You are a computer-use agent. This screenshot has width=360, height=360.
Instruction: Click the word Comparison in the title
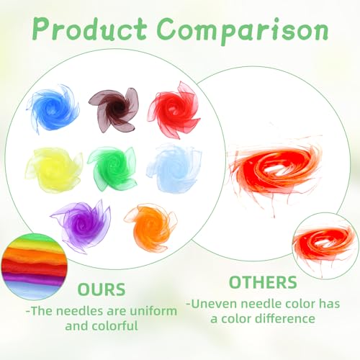click(x=243, y=31)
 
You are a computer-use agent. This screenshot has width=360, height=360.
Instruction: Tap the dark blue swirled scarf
click(x=53, y=109)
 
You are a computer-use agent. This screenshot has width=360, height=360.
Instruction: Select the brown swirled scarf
click(x=114, y=110)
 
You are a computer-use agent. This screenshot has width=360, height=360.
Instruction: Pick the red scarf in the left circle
click(x=174, y=110)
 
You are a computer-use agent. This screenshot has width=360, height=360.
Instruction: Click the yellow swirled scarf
click(x=54, y=169)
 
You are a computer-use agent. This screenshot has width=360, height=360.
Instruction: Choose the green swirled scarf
click(x=112, y=167)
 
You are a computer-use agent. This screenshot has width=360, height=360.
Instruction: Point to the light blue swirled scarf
click(x=174, y=168)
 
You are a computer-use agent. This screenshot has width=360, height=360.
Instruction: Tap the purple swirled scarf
click(x=81, y=225)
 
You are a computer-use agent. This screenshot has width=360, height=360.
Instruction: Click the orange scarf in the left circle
click(x=151, y=228)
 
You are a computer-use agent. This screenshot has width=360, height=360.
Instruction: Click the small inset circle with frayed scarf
click(x=325, y=246)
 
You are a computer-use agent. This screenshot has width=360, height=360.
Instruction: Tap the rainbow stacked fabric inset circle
click(x=34, y=266)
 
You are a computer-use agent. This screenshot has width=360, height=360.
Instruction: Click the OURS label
click(x=102, y=289)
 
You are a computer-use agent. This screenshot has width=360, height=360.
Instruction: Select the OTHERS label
click(x=264, y=282)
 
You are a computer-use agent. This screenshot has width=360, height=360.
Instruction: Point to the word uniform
click(x=153, y=311)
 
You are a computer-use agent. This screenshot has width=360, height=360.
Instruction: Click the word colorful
click(x=115, y=326)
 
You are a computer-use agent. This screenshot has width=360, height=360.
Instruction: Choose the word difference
click(x=285, y=319)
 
